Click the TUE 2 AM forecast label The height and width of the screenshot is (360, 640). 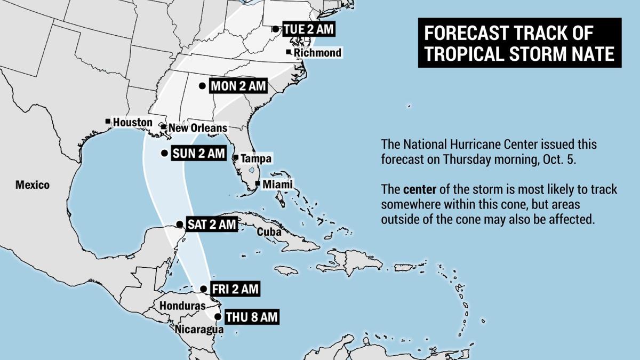click(x=309, y=29)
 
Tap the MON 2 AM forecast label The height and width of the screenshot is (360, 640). click(x=238, y=86)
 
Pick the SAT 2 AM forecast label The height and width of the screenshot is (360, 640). click(x=212, y=225)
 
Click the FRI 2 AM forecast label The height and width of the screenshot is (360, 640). click(x=235, y=290)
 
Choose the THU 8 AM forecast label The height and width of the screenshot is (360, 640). click(x=252, y=317)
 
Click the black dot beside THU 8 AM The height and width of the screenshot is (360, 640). click(x=218, y=317)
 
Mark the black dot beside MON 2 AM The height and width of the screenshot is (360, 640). click(x=202, y=86)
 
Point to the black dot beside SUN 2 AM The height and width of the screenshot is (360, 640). click(x=164, y=154)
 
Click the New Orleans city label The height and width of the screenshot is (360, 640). click(x=197, y=128)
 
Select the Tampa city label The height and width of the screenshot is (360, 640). click(x=255, y=159)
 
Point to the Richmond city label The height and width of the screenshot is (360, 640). click(x=317, y=53)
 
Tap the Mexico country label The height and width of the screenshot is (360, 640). click(x=32, y=185)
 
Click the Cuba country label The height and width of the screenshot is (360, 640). click(x=269, y=233)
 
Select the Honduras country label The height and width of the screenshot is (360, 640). click(x=182, y=306)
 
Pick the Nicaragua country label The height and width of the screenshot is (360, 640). click(x=199, y=330)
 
